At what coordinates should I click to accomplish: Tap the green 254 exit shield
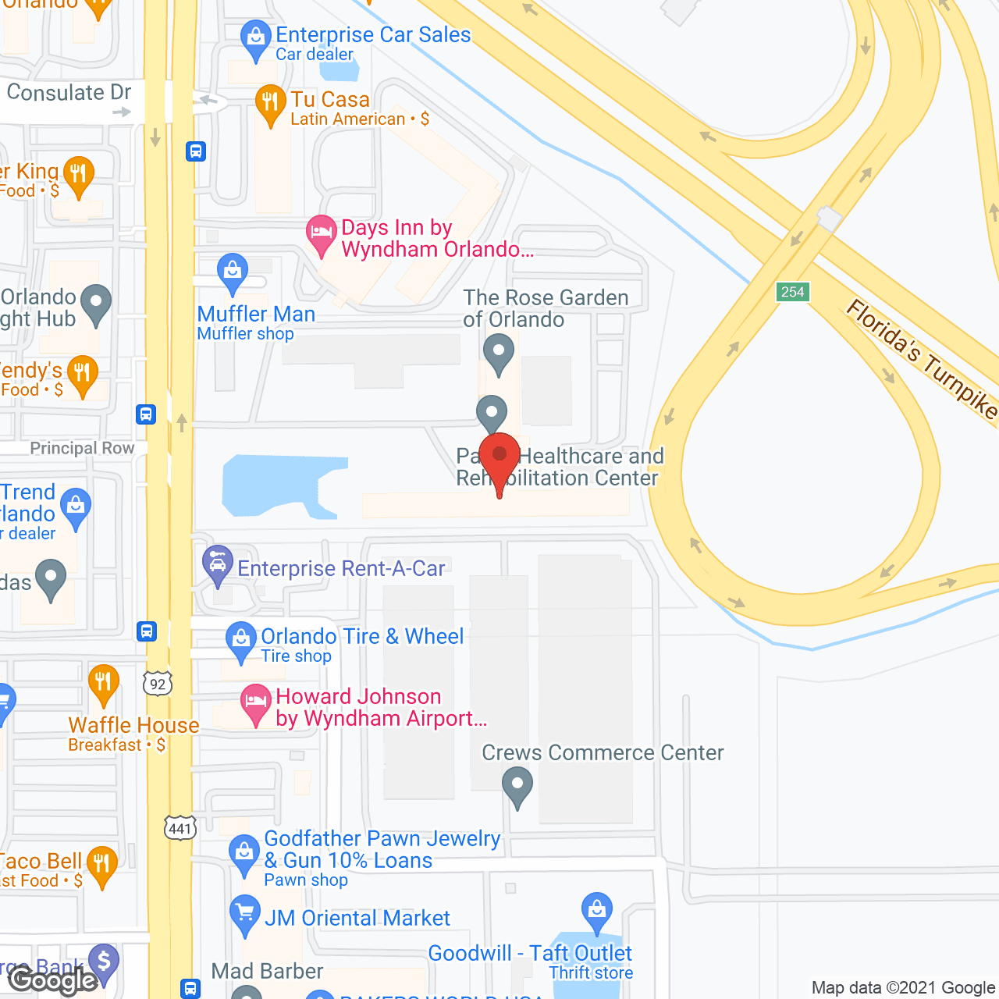tap(792, 292)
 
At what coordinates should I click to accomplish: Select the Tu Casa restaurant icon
tap(270, 102)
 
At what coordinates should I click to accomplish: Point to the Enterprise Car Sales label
tap(373, 35)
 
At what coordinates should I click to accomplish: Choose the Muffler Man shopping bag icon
tap(232, 271)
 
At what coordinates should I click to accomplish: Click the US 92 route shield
tap(158, 684)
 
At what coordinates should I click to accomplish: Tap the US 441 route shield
tap(180, 828)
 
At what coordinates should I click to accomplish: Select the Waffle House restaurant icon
tap(103, 683)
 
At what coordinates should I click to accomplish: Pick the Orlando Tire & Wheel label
tap(362, 637)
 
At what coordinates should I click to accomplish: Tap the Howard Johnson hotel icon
tap(254, 702)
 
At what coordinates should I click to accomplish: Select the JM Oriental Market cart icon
tap(245, 913)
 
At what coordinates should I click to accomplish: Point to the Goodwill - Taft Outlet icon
tap(597, 910)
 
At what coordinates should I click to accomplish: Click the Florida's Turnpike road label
tap(921, 359)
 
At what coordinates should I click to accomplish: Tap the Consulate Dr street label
tap(69, 93)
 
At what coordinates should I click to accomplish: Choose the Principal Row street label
tap(82, 448)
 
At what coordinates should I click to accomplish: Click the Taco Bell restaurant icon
tap(101, 865)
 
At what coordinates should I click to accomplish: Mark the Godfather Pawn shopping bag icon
tap(244, 853)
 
